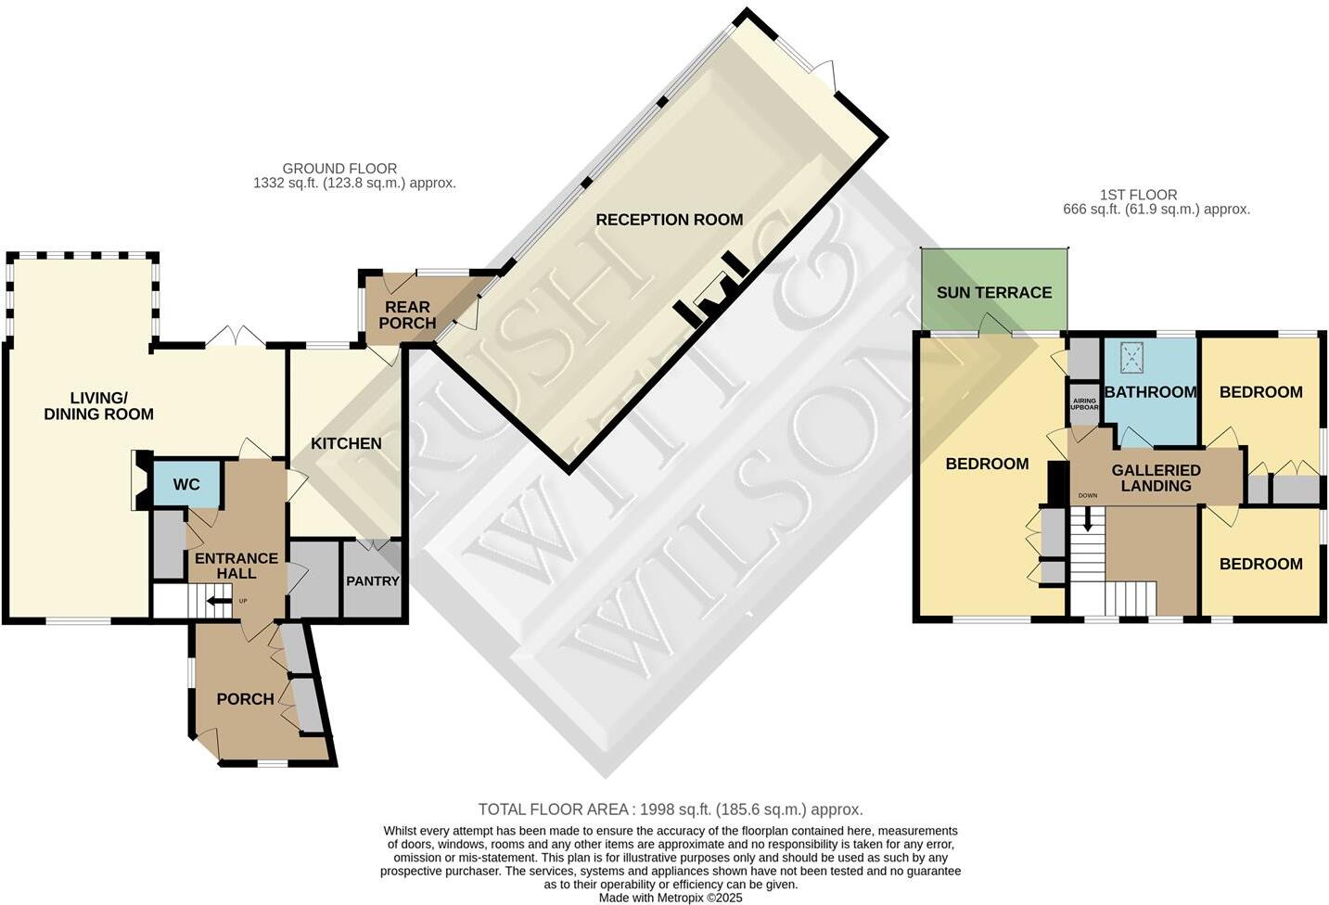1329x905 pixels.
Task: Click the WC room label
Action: point(186,485)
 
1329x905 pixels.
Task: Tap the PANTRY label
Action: point(372,581)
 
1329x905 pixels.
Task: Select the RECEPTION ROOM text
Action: point(669,220)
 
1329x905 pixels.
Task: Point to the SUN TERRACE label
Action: point(993,292)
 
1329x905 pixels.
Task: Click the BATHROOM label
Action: point(1150,392)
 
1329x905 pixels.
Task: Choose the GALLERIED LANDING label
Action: point(1156,478)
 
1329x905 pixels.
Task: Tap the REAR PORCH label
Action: point(407,314)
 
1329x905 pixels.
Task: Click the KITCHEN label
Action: point(346,443)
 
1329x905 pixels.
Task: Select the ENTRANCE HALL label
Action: point(236,566)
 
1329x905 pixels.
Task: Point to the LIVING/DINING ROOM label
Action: point(98,406)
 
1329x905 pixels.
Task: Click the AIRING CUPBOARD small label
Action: point(1083,404)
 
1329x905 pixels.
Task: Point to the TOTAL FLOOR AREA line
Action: point(670,809)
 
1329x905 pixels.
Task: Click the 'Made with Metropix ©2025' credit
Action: point(670,898)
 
